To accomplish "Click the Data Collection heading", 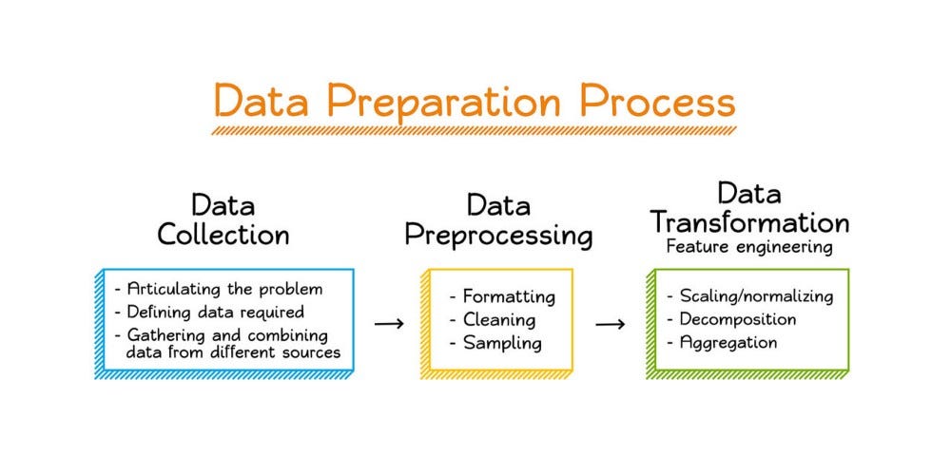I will point(223,219).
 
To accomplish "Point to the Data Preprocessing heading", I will point(498,219).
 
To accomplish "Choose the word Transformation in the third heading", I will point(749,222).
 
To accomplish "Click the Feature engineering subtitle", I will point(749,247).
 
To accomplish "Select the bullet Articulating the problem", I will point(218,289).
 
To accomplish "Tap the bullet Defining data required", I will point(208,312).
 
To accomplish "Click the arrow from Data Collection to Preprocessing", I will point(389,324).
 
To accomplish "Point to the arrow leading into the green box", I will point(611,324).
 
